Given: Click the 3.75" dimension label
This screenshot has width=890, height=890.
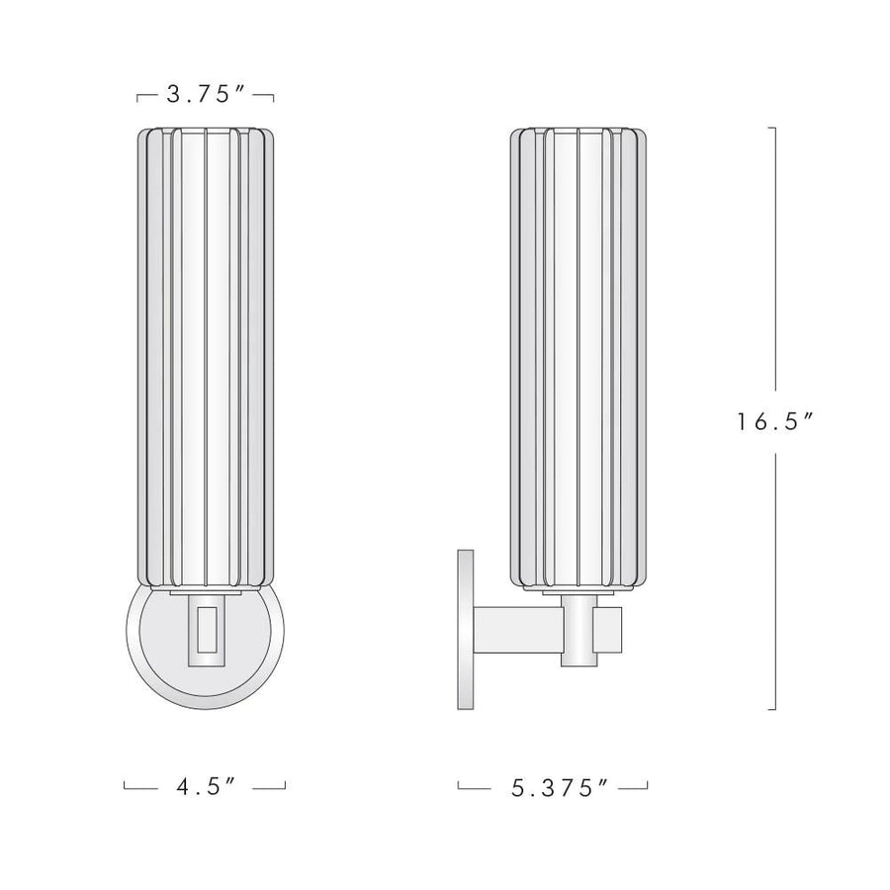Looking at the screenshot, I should click(205, 95).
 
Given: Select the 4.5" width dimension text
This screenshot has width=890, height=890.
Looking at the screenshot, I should click(205, 787).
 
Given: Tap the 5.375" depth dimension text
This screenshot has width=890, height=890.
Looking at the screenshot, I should click(553, 787).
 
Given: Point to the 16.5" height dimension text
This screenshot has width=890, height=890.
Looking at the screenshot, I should click(773, 420).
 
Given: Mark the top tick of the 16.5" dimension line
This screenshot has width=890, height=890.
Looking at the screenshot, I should click(772, 129).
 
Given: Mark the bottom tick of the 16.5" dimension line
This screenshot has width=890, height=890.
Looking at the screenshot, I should click(772, 709).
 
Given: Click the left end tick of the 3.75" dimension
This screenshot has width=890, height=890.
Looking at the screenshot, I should click(137, 97).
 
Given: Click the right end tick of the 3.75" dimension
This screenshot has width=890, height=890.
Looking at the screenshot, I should click(273, 97).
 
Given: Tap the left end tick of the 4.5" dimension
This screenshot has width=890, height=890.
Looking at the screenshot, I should click(125, 786).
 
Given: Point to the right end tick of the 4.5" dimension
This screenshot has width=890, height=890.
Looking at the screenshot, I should click(285, 786).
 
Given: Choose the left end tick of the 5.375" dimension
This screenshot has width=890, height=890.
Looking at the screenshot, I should click(459, 786).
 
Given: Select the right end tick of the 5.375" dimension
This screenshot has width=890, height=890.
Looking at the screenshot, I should click(648, 786).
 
